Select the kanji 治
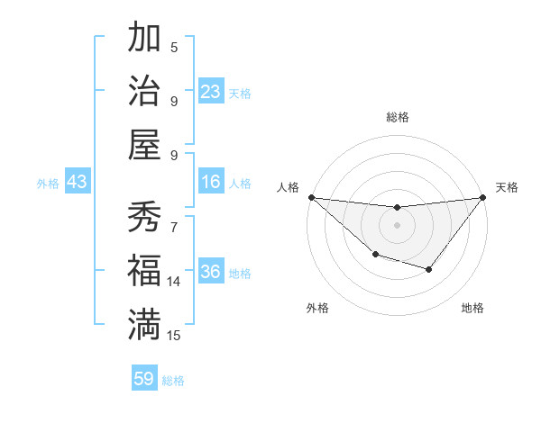coord(144,91)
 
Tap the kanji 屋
coord(144,145)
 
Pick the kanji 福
coord(144,271)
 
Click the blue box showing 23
coord(210,92)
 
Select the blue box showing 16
coord(210,183)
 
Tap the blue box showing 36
coord(210,273)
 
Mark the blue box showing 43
coord(78,183)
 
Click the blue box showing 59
coord(144,379)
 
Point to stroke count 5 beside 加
coord(174,47)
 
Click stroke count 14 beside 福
coord(174,282)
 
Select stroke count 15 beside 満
coord(174,336)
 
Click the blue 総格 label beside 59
coord(173,381)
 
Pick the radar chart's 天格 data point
coord(482,198)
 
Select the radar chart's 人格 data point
coord(311,197)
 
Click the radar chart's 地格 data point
coord(429,269)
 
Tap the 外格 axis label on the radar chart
coord(317,309)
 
